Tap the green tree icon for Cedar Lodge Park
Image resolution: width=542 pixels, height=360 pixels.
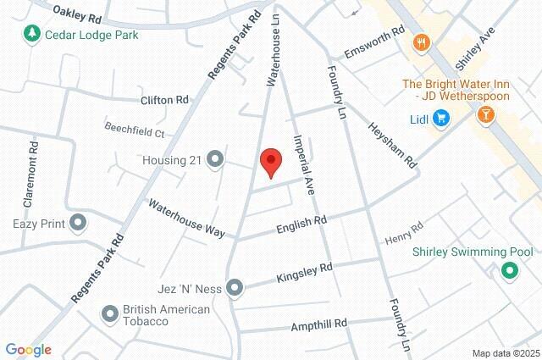[x=32, y=33]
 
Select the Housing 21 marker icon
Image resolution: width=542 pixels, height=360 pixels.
[x=215, y=159]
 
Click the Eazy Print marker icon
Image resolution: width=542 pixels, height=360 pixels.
[x=79, y=224]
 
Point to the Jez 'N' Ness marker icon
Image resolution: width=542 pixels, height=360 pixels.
[x=235, y=286]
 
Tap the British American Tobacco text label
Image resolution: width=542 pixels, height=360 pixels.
[x=166, y=315]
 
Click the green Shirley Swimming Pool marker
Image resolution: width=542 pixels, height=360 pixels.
[x=509, y=271]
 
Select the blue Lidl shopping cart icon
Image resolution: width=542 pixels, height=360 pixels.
[x=440, y=119]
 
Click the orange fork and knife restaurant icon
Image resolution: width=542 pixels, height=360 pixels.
[x=419, y=42]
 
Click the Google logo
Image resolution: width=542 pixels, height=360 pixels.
[x=28, y=350]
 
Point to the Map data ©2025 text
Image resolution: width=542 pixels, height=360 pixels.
[x=505, y=353]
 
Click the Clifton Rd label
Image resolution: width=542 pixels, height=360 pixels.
[x=164, y=100]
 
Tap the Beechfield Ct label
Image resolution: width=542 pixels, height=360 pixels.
[x=134, y=132]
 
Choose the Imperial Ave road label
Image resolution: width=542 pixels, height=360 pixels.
[x=303, y=165]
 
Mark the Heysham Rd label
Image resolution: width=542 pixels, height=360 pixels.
[x=392, y=142]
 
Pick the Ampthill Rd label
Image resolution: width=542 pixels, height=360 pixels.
[x=319, y=324]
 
